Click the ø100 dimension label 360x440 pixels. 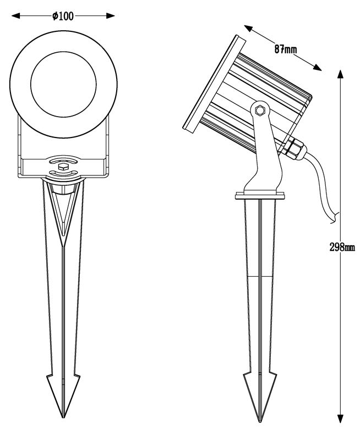coord(63,16)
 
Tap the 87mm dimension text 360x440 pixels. coord(286,50)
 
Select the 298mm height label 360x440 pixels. coord(342,247)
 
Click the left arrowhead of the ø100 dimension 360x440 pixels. coord(16,16)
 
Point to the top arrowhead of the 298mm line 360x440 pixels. coord(342,75)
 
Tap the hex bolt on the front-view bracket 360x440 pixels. coord(63,163)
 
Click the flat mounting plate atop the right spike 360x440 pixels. coord(260,195)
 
